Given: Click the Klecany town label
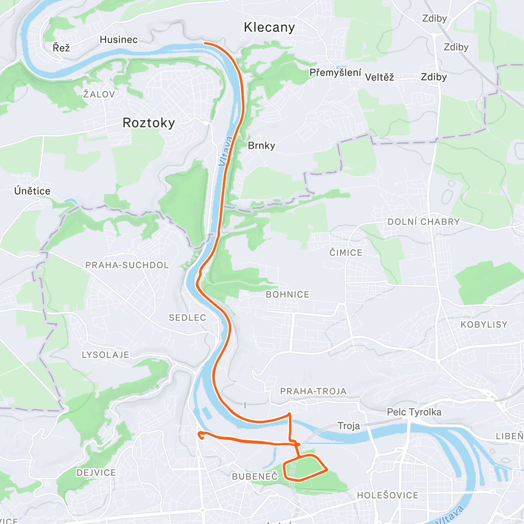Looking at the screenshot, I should point(269,28).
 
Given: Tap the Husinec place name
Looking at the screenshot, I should point(119,40).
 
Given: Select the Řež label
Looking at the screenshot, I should point(61,47).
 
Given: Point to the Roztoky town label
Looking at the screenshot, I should point(148,123).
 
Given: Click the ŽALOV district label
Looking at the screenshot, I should point(99,94).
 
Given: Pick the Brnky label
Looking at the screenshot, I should point(261,146).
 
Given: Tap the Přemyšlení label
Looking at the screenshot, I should point(335,73).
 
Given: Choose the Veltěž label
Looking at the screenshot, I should point(379,78).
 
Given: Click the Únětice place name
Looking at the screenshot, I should point(32,191).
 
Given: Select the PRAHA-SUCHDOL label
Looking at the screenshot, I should point(127,265).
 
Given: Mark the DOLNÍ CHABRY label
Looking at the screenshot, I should point(424,222).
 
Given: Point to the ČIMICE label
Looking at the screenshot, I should point(346,253).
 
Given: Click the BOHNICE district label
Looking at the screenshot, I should point(287,295).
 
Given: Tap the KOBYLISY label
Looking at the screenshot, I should point(484,324).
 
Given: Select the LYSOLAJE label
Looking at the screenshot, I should point(106,355).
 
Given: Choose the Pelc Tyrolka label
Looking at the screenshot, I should point(414,412).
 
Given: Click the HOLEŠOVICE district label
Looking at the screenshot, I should point(388,495).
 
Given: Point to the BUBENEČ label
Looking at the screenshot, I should point(255,476).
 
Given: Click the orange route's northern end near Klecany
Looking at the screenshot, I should point(204,43).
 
